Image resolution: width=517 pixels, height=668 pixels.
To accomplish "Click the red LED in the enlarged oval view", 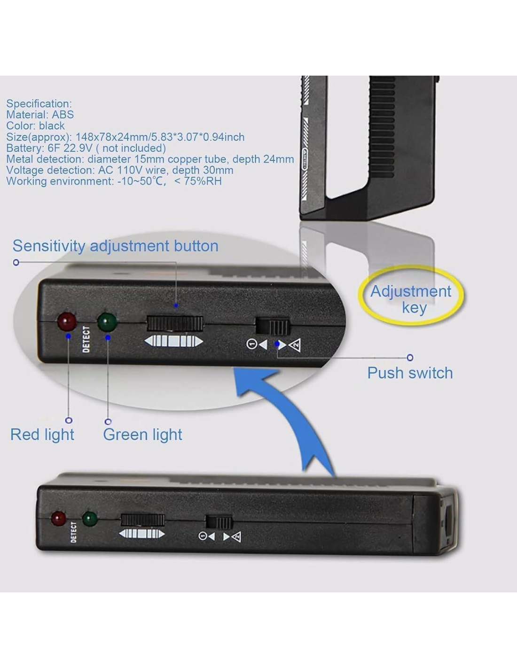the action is point(67,322).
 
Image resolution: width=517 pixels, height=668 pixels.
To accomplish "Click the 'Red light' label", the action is point(42,435).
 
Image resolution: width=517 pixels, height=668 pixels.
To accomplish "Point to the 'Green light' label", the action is point(142,435).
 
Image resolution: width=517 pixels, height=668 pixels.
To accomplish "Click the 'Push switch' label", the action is point(410,373).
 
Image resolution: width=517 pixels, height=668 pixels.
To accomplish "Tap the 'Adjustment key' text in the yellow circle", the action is point(411,299).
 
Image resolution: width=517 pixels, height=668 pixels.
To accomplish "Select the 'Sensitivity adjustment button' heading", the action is point(115,246).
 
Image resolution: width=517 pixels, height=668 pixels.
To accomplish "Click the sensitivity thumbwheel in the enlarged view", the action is point(175,324).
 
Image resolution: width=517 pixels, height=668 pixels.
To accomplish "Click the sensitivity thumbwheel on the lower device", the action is point(143,520).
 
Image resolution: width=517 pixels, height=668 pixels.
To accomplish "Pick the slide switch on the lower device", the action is point(219,522).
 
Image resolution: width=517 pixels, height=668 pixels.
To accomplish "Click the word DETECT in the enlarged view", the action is point(86,340).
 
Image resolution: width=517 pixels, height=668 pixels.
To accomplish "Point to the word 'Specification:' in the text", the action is point(39,104).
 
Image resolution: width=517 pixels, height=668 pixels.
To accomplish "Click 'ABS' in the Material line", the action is point(63,115).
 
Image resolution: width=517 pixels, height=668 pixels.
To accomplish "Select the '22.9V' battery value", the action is point(78,148).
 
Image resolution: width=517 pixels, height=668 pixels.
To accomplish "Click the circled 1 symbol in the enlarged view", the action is point(251,344).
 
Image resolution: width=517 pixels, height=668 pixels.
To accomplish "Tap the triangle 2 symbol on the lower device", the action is point(236,537).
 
